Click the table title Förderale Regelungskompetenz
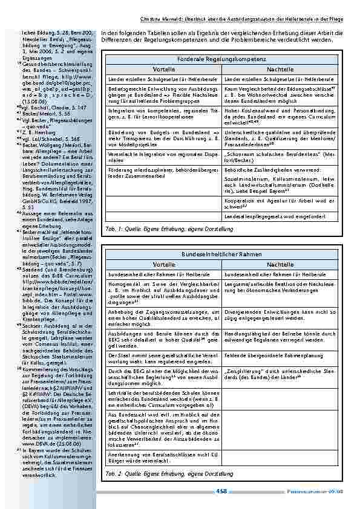point(223,59)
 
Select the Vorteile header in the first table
point(164,70)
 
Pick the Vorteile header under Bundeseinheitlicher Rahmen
point(164,265)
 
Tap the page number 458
point(221,491)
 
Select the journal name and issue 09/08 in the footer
point(321,492)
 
